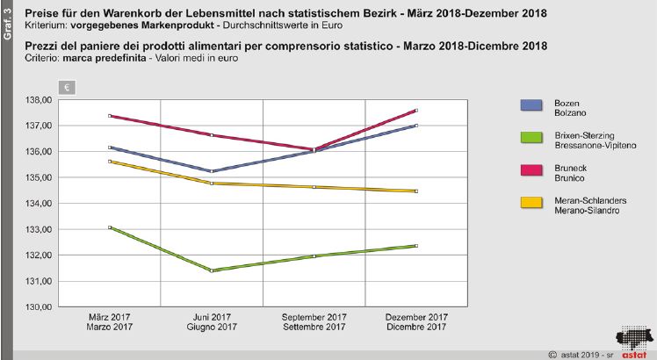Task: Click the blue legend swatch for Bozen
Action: coord(532,105)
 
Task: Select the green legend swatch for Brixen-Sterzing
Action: coord(532,138)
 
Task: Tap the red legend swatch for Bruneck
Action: coord(532,170)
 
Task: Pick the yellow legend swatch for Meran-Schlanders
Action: coord(532,203)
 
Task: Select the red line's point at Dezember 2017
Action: coord(416,111)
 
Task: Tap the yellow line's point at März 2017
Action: coord(109,162)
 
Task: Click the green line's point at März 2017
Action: coord(109,227)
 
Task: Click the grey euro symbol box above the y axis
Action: coord(68,88)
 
